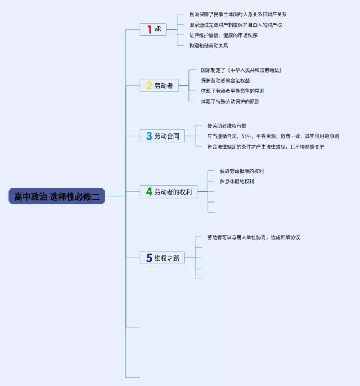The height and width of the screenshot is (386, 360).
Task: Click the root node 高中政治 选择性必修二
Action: tap(57, 196)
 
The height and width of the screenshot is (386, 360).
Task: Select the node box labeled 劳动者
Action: tap(159, 86)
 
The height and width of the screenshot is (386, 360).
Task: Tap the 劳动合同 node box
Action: tap(162, 136)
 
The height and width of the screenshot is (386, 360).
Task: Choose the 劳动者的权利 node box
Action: tap(168, 192)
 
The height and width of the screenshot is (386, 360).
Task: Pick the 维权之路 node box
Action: tap(162, 258)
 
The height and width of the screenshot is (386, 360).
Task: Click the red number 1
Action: tap(148, 29)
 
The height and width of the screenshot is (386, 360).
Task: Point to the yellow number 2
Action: tap(148, 86)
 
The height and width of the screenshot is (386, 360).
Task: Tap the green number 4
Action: tap(148, 192)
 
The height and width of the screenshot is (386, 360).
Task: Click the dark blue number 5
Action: tap(148, 258)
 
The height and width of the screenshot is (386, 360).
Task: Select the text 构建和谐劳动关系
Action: tap(209, 46)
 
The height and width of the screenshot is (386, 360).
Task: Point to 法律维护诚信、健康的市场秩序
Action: tap(223, 35)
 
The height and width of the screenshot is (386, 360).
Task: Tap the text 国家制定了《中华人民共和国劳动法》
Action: tap(241, 70)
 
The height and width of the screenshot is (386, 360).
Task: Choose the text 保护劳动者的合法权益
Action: tap(226, 80)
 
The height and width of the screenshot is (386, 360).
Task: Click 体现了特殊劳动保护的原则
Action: tap(230, 101)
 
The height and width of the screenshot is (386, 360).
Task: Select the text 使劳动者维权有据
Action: tap(226, 125)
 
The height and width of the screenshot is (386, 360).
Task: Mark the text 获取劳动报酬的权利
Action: tap(241, 171)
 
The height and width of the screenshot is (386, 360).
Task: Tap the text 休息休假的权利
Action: tap(236, 181)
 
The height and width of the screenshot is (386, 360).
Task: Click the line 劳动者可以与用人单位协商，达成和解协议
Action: tap(253, 237)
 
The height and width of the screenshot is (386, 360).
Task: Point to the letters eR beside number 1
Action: tap(157, 29)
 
